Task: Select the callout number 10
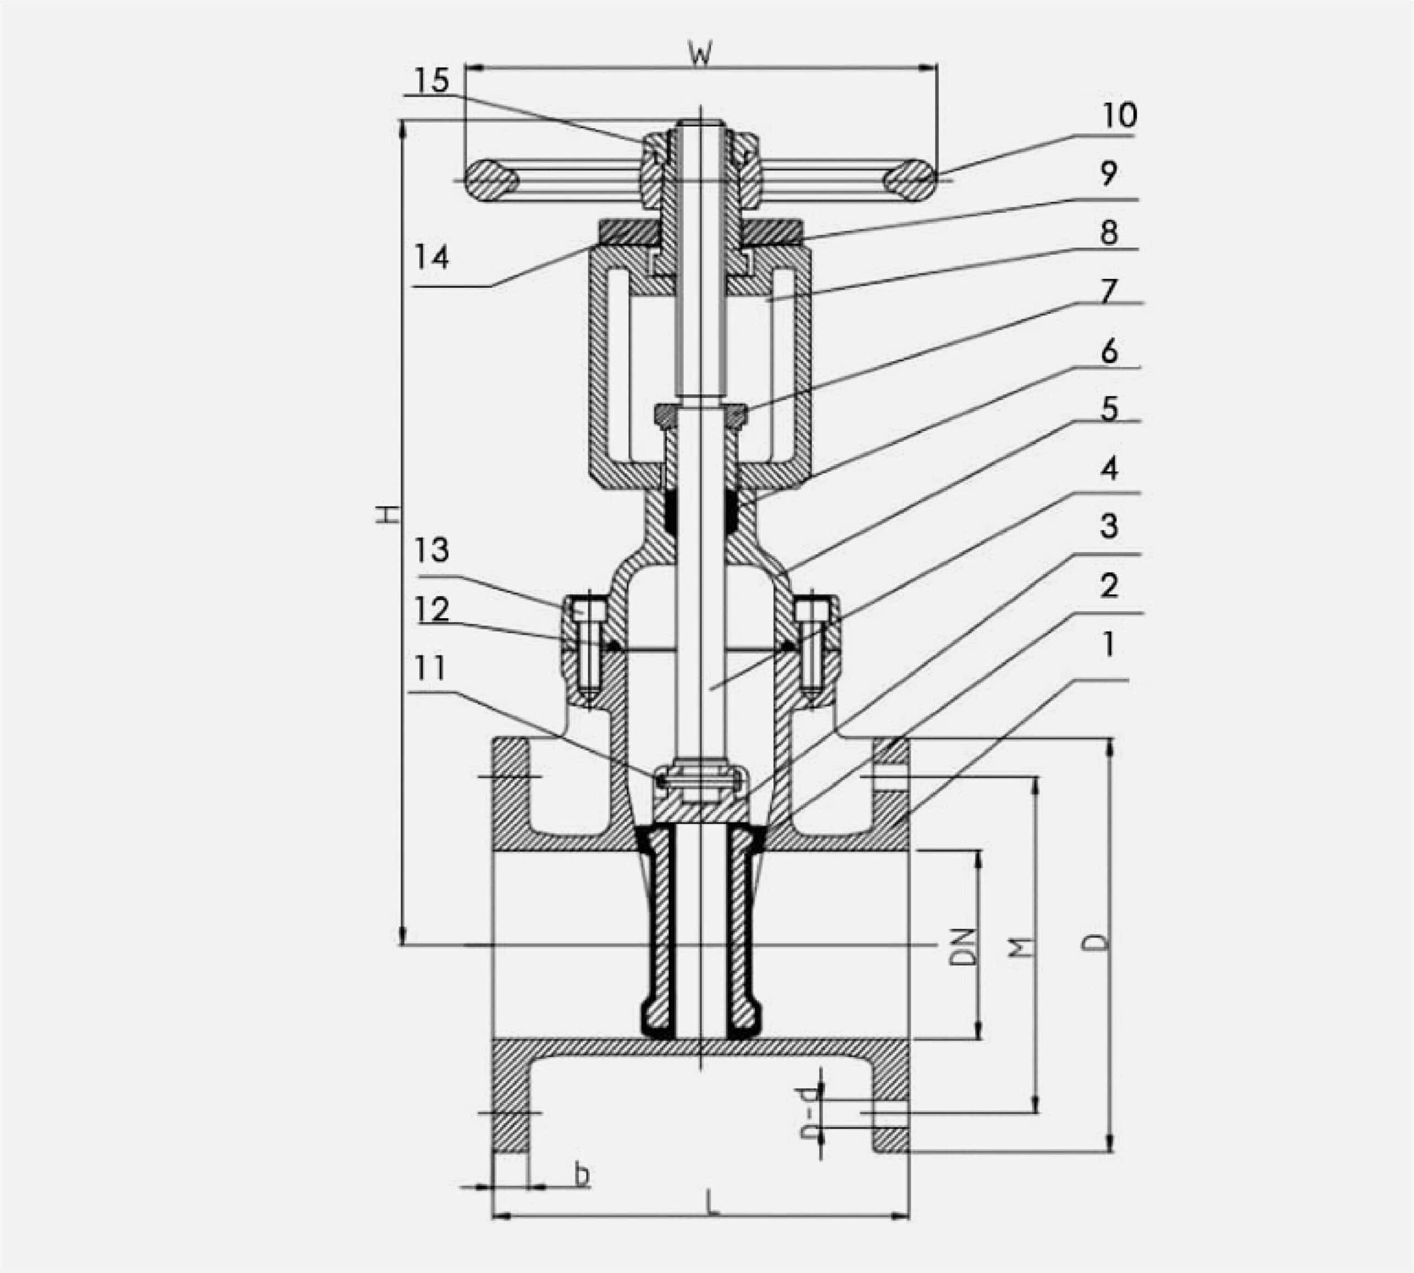tap(1120, 115)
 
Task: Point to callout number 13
tap(431, 550)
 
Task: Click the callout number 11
tap(429, 669)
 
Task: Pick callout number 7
tap(1109, 290)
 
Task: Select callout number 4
tap(1109, 469)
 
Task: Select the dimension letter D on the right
tap(1096, 941)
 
